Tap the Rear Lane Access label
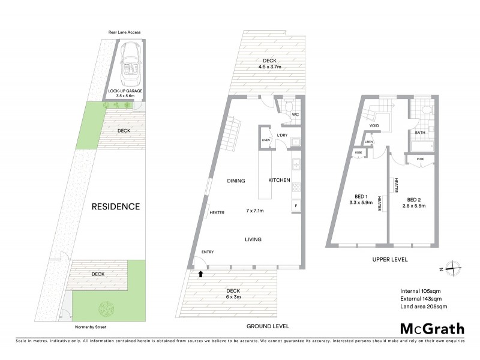[124, 32]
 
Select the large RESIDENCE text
[116, 206]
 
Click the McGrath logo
[432, 328]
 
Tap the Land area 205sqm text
[424, 306]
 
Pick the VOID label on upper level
[374, 126]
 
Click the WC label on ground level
[295, 114]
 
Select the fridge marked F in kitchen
[295, 206]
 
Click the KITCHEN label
[279, 180]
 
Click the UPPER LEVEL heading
[390, 260]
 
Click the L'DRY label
[282, 135]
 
